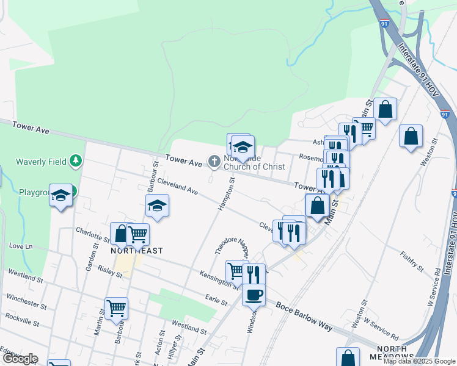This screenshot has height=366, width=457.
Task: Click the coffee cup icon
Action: click(254, 295)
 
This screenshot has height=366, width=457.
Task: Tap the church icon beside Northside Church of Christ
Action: click(214, 162)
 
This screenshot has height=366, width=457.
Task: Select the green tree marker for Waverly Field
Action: click(75, 161)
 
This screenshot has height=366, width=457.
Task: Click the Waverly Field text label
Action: click(42, 162)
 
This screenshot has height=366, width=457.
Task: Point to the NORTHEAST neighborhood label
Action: click(136, 251)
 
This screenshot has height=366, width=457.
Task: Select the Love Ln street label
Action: click(21, 246)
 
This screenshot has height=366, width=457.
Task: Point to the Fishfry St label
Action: click(412, 260)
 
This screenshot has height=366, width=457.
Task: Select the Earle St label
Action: click(216, 302)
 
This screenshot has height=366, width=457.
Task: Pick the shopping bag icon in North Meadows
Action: click(348, 357)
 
